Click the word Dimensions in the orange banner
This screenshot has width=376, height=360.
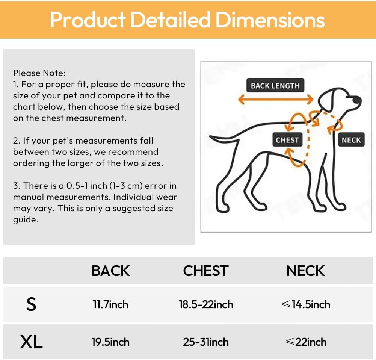(270, 20)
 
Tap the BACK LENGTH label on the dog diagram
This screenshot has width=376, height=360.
(275, 85)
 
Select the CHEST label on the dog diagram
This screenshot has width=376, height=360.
(287, 139)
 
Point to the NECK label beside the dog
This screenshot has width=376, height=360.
(351, 139)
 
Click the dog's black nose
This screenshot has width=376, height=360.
(357, 100)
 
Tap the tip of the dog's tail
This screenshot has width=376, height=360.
(210, 137)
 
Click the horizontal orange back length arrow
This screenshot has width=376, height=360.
(276, 99)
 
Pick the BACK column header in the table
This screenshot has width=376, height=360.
(110, 271)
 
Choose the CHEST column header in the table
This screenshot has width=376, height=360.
(206, 271)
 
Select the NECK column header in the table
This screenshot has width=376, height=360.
(305, 271)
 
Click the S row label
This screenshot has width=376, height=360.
(31, 304)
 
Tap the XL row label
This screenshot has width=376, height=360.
(32, 342)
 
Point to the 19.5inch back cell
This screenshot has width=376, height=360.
(110, 342)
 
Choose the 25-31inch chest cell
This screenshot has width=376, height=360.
(206, 342)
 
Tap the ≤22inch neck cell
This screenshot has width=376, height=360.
(306, 342)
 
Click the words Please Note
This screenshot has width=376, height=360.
(39, 73)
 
